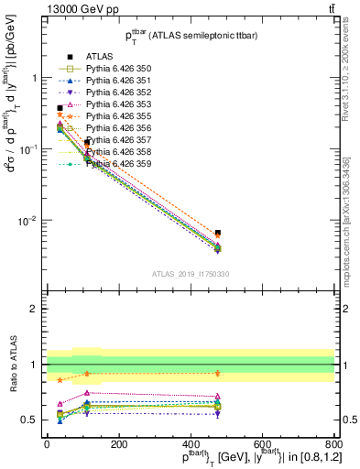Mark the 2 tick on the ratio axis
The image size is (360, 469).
(x=35, y=309)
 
